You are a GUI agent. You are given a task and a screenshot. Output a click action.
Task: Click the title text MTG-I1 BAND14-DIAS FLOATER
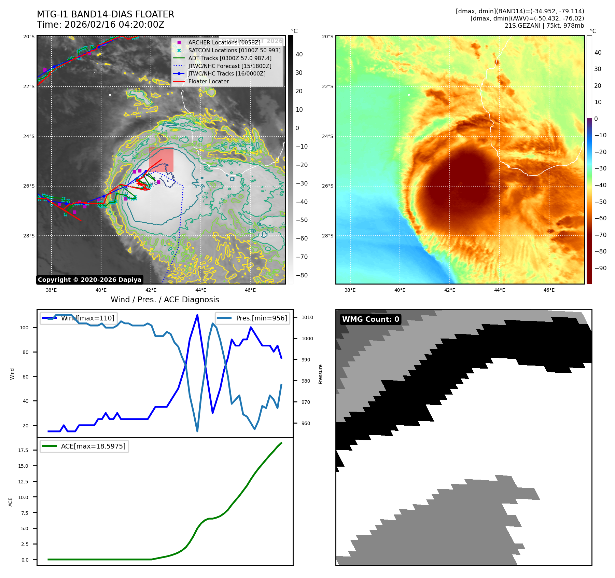coord(106,14)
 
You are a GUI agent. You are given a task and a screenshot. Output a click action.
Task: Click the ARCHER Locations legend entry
coord(224,42)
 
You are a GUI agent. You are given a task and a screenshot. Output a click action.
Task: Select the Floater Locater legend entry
coord(208,81)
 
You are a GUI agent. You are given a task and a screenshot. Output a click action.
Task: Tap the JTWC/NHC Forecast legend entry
coord(229,66)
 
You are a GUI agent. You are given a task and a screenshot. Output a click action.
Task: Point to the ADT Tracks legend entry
coord(229,58)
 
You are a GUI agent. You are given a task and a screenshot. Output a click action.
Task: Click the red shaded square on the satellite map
coord(161,160)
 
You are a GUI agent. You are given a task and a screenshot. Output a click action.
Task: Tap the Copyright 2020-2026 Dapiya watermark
coord(89,280)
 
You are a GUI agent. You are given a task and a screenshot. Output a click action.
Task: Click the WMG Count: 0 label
coord(371,319)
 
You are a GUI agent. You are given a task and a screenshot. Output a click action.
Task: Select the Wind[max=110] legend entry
coord(87,318)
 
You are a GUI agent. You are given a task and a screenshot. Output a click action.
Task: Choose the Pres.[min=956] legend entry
coord(261,318)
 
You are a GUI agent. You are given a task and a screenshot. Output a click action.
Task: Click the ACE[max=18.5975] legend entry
coord(93,446)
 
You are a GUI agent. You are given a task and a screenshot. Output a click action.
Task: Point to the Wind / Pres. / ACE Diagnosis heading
coord(165,300)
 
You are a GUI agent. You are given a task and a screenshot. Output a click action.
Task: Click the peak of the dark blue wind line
coord(197,315)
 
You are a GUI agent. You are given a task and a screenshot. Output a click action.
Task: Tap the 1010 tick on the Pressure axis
coord(307,317)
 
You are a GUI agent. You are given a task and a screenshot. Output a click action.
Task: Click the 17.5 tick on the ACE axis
coord(23,450)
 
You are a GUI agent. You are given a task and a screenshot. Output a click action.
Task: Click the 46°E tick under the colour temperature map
coord(549,290)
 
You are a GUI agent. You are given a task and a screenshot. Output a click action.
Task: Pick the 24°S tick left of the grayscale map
coord(29,136)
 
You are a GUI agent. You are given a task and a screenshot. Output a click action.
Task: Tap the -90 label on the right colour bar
coord(600,268)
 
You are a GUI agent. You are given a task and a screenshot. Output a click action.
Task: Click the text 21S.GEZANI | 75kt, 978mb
coord(544,26)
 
